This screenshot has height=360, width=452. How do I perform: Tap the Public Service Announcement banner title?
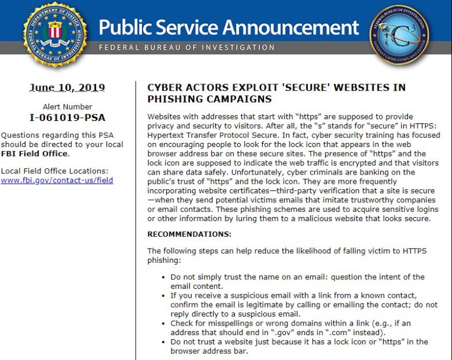229,27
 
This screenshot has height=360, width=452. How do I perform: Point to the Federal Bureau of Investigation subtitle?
187,47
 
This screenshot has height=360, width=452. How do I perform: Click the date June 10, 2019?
67,88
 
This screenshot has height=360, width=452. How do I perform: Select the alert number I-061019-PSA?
67,118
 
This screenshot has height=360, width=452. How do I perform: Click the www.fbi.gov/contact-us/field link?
57,180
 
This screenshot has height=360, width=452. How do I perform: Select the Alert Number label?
67,107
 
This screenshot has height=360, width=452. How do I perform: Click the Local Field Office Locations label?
55,171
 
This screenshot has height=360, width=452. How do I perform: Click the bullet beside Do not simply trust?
164,277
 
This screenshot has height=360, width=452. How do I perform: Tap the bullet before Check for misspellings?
164,324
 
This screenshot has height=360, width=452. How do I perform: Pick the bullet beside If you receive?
164,296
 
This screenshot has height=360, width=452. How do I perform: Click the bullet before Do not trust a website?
164,342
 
